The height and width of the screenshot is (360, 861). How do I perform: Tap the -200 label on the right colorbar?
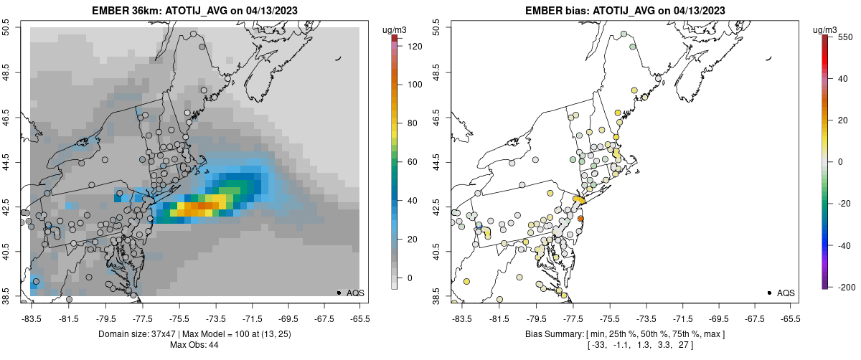click(x=844, y=287)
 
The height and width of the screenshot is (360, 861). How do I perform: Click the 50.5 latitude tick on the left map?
click(x=7, y=28)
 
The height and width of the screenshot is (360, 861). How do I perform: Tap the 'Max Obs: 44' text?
click(x=194, y=345)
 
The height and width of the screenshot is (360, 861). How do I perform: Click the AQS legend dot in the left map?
click(x=338, y=293)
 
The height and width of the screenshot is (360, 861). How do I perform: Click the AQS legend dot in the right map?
click(x=768, y=293)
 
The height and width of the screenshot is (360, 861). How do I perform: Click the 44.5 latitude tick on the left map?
click(x=7, y=162)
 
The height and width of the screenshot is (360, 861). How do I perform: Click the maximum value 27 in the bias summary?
click(x=685, y=345)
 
